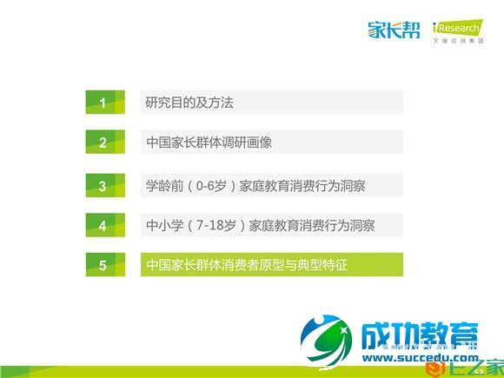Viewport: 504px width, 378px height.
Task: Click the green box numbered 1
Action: [x=103, y=103]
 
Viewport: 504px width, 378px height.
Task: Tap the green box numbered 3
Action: [x=103, y=186]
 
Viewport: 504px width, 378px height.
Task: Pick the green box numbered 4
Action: [x=103, y=226]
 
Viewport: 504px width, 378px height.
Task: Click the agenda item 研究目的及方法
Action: [x=189, y=103]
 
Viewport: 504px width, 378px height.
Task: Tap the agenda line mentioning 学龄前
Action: [x=261, y=185]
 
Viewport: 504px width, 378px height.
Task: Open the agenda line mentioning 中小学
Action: [x=261, y=226]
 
